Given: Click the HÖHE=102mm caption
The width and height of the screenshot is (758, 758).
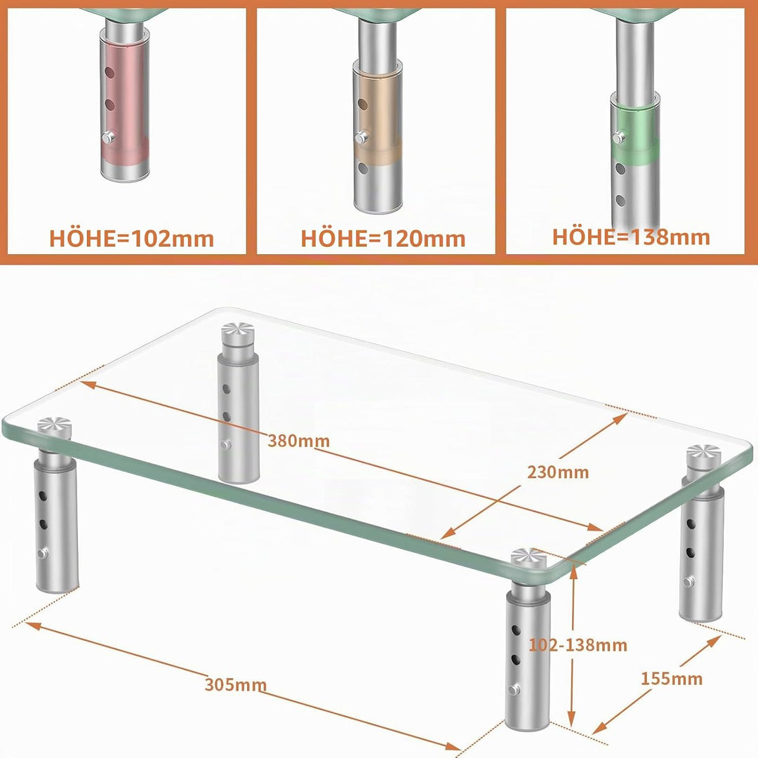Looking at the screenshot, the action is [x=131, y=239].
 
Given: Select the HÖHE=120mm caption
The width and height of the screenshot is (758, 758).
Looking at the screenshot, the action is [x=383, y=239].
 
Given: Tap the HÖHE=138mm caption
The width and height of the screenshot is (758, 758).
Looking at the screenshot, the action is [x=632, y=237].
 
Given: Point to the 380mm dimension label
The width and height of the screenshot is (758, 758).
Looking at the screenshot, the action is [x=299, y=441].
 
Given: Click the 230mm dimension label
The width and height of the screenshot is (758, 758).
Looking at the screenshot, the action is [x=558, y=472].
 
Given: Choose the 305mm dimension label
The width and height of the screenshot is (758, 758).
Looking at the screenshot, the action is [x=235, y=684].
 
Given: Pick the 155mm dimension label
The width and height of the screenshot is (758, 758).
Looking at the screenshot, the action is [x=672, y=679].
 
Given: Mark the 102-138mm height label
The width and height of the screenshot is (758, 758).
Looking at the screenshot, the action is [x=578, y=645].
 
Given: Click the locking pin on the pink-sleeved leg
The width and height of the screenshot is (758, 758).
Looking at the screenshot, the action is [x=108, y=138].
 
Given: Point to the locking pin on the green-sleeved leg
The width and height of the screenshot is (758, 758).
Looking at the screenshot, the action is [x=619, y=138].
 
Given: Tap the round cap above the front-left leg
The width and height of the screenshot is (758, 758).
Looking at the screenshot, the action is [x=55, y=427].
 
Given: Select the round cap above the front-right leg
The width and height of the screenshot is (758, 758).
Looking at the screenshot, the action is [x=529, y=558].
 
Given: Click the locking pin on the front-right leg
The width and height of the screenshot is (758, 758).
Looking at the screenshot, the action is [x=515, y=689].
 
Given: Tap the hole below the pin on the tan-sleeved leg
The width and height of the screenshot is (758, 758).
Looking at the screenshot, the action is [x=363, y=168].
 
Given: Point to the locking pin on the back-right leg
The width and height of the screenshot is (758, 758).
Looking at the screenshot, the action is [x=689, y=582].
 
